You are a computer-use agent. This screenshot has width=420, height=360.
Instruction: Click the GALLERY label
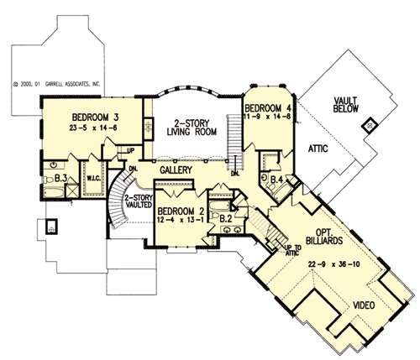pos(175,170)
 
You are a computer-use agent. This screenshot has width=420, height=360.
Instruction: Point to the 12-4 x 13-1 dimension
pos(179,220)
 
